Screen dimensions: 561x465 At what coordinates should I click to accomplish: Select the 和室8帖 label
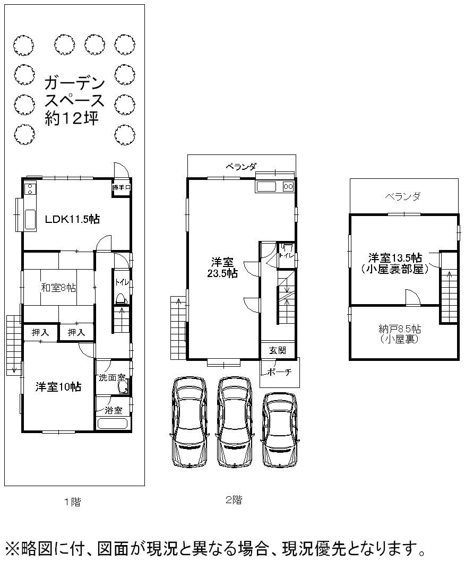[x=58, y=288]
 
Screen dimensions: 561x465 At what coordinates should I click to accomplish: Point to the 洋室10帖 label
[x=58, y=387]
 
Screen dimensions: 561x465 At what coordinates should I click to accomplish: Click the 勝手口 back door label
[x=121, y=187]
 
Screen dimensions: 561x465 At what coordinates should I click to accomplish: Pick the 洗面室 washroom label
[x=112, y=378]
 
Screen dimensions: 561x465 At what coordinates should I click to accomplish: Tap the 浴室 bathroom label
[x=114, y=410]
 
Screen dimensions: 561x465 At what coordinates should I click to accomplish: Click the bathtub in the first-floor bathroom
[x=113, y=424]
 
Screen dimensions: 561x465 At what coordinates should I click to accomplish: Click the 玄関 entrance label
[x=278, y=350]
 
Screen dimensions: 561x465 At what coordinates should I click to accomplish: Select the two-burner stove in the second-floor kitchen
[x=288, y=186]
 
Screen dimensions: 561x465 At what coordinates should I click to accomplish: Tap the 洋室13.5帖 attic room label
[x=395, y=262]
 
